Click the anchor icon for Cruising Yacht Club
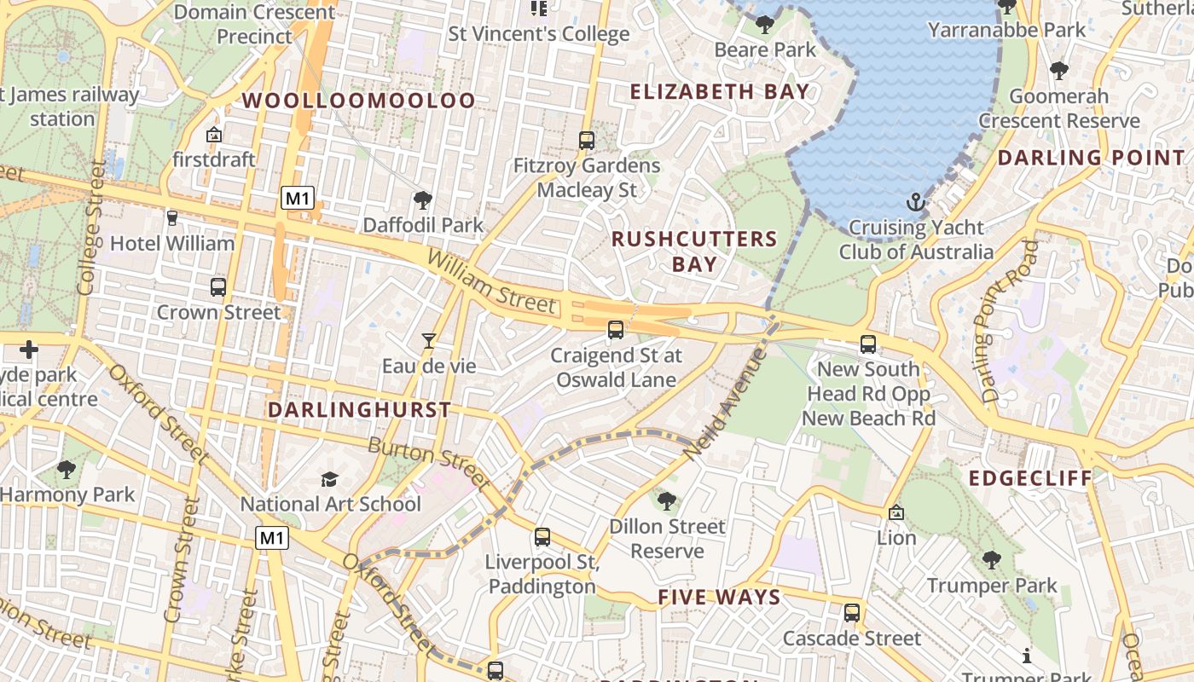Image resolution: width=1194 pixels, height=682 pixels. click(x=915, y=203)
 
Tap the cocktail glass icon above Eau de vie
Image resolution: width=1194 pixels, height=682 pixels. click(x=429, y=341)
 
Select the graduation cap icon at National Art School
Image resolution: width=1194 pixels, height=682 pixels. click(x=330, y=479)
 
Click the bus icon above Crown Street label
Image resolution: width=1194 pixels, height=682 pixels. click(x=218, y=287)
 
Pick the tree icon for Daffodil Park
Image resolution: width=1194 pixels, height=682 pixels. click(x=422, y=200)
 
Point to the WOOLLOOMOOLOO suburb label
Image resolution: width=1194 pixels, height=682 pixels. click(x=358, y=101)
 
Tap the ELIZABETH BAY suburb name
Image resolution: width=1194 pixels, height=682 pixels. click(x=719, y=92)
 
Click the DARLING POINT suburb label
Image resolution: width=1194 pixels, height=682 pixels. click(x=1091, y=158)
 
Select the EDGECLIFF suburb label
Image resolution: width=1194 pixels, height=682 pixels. click(x=1030, y=478)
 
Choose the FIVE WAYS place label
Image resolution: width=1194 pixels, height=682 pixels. click(x=719, y=598)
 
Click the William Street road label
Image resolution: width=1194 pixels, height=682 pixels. click(x=491, y=281)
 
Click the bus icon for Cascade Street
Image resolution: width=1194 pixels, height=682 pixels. click(x=851, y=613)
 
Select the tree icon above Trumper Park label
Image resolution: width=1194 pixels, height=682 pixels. click(x=991, y=560)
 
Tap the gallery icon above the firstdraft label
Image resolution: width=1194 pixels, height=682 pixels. click(x=213, y=135)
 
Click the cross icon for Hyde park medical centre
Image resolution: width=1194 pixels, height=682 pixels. click(x=29, y=350)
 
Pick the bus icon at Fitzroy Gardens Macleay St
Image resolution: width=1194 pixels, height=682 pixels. click(x=586, y=141)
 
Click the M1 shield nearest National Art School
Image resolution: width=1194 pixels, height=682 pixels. click(x=272, y=538)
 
